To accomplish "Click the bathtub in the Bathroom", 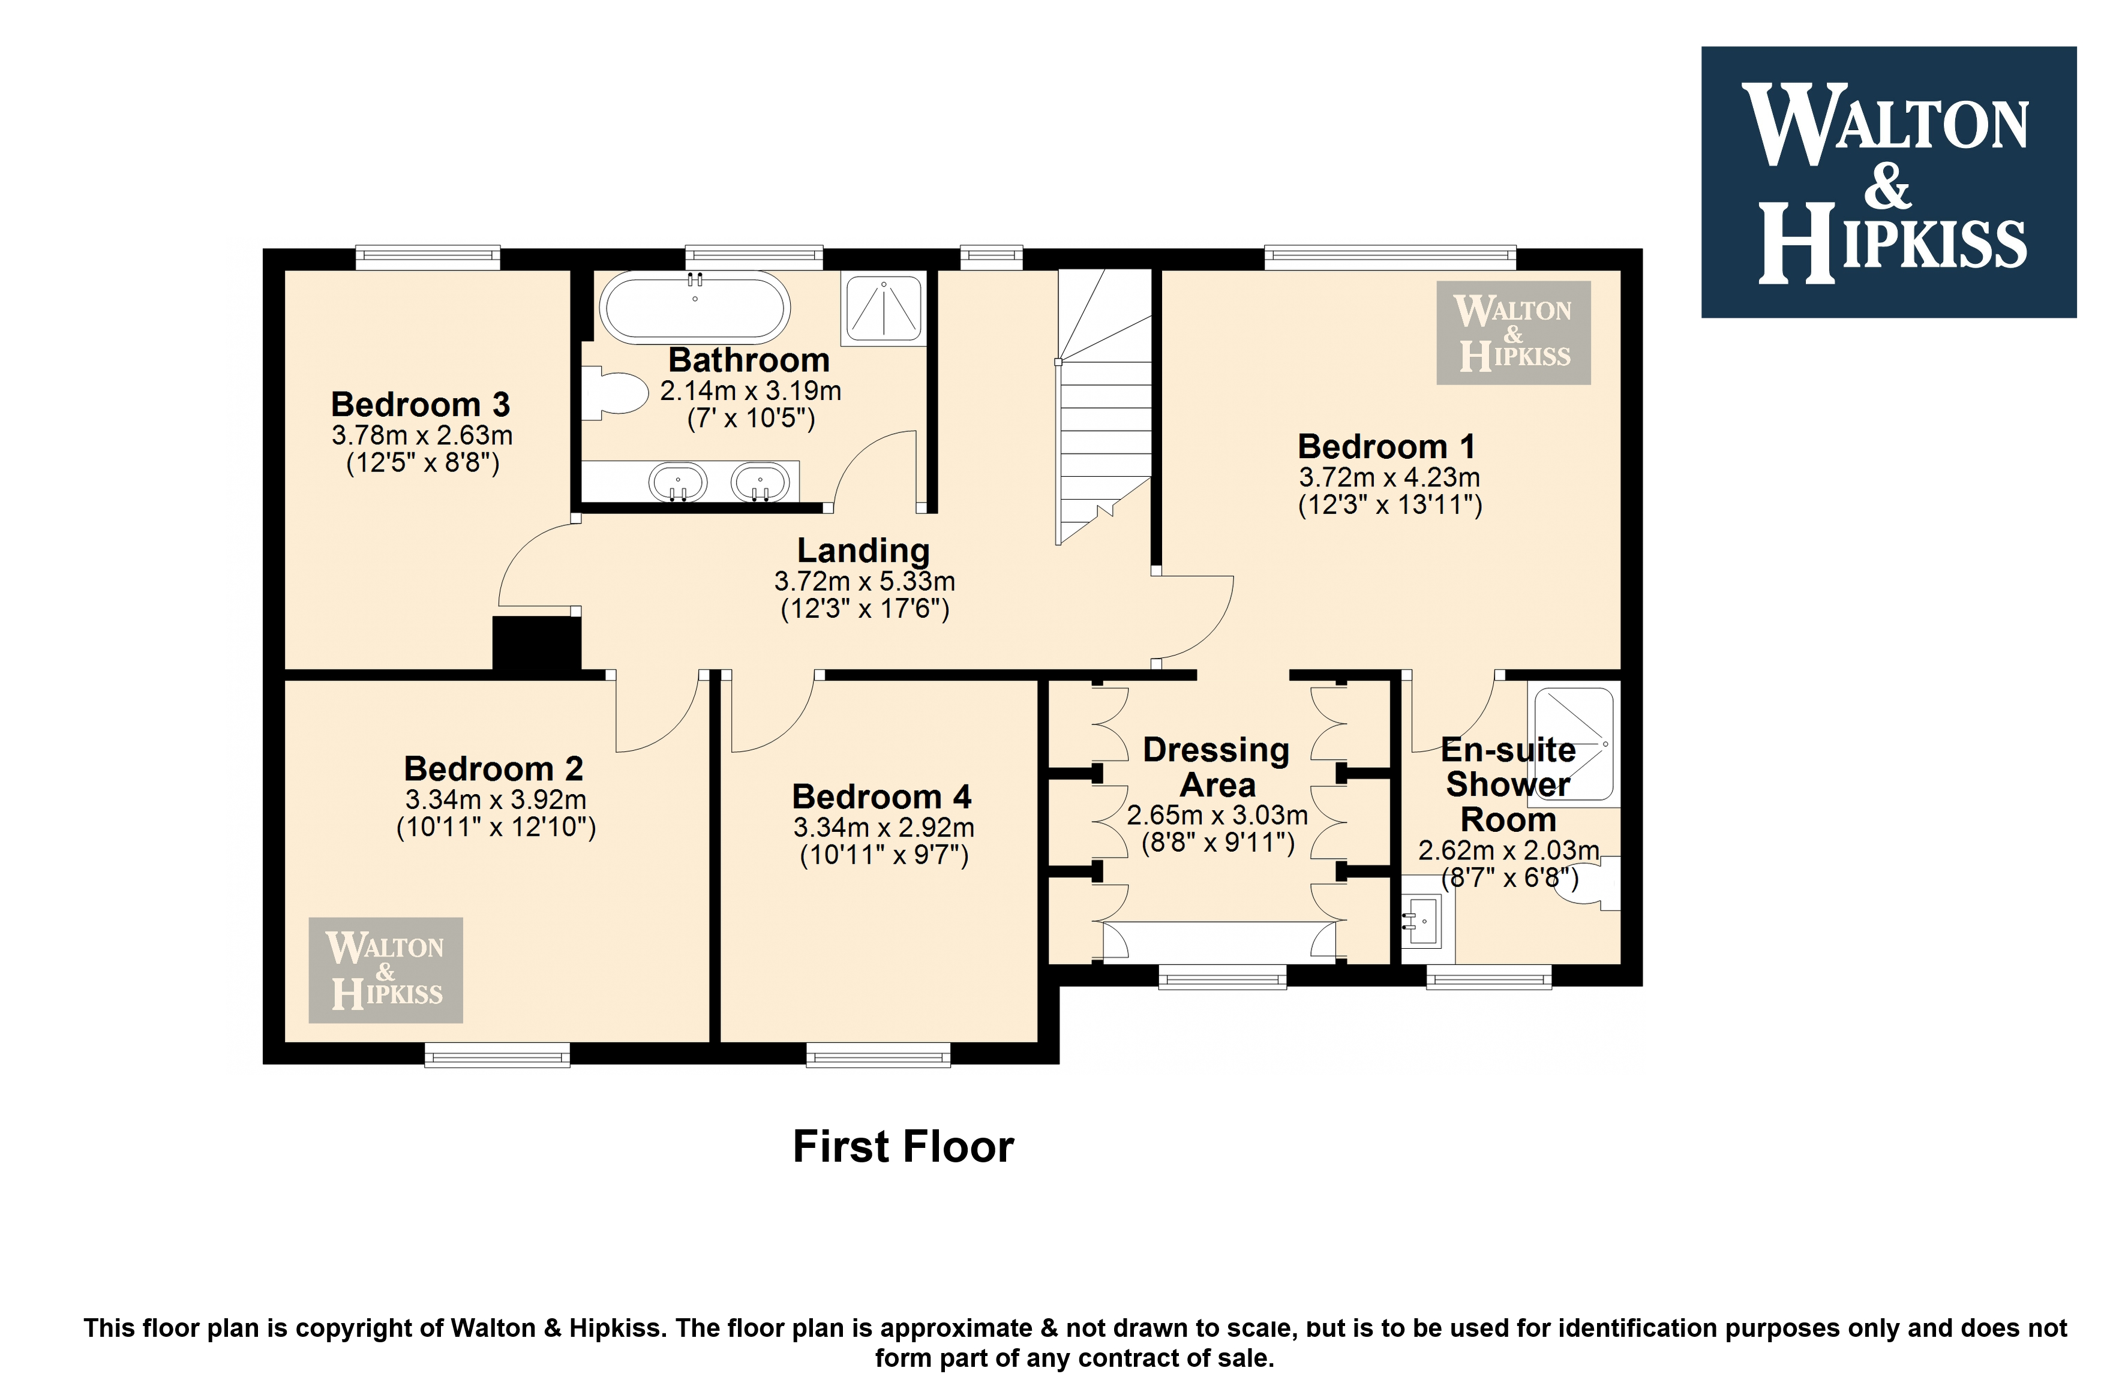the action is tap(695, 307).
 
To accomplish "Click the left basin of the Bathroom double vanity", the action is tap(678, 483).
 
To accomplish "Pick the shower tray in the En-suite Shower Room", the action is tap(1573, 743).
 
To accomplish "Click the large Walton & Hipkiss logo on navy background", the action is tap(1888, 182).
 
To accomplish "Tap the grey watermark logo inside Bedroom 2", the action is tap(385, 970).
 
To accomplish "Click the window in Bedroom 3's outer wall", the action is tap(428, 257).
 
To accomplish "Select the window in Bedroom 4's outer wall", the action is tap(878, 1055).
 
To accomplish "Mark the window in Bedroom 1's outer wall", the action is tap(1390, 257).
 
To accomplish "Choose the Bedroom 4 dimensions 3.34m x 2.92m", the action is tap(884, 828).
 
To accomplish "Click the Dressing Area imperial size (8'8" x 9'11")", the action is tap(1218, 843).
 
